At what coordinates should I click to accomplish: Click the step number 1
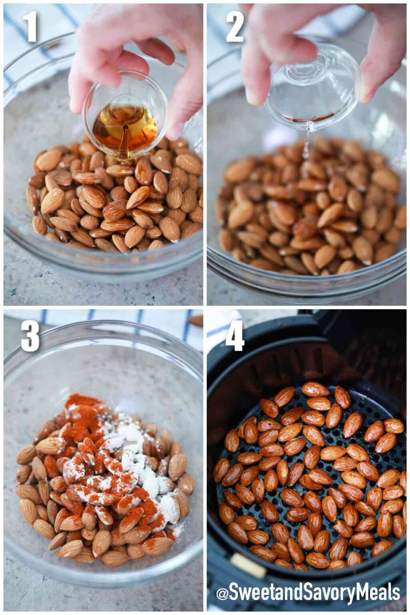click(30, 27)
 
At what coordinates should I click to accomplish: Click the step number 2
click(235, 27)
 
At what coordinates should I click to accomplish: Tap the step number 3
click(30, 337)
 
